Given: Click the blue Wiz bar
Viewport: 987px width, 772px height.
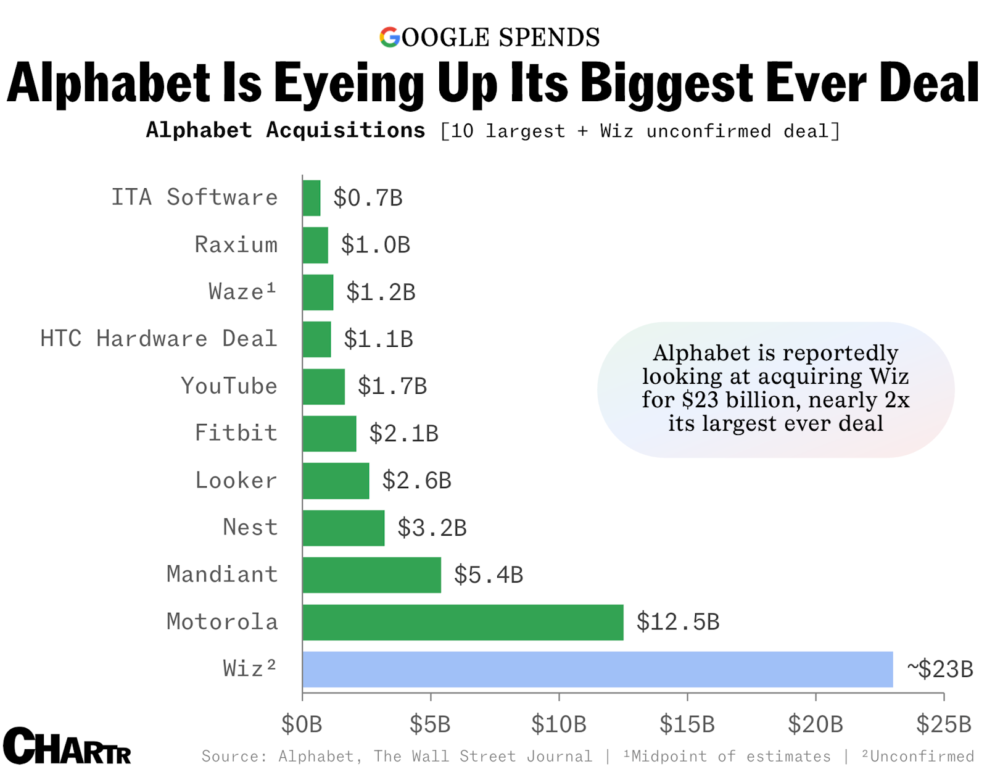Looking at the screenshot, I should click(597, 669).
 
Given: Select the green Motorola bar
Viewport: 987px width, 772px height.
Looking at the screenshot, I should click(463, 622).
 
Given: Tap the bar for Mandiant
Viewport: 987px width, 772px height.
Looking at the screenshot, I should click(371, 575).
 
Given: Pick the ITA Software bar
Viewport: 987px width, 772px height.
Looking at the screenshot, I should click(312, 198).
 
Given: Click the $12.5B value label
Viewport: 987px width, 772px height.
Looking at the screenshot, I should click(677, 622).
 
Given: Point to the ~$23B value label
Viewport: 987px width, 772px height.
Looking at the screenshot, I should click(940, 669).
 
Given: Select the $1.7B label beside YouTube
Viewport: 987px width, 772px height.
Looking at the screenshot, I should click(392, 386).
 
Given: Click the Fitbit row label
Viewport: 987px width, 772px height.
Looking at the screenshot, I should click(236, 433).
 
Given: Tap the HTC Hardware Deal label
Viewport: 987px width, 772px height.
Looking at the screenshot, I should click(159, 339).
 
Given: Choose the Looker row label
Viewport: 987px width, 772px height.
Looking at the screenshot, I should click(236, 480).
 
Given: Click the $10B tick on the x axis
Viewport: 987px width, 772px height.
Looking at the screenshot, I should click(559, 724).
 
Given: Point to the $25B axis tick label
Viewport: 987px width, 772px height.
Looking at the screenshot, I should click(943, 724).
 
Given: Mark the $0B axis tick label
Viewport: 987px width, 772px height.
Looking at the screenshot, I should click(302, 724).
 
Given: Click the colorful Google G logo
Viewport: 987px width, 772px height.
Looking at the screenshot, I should click(390, 37).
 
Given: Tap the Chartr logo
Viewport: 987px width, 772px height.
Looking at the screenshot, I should click(67, 746).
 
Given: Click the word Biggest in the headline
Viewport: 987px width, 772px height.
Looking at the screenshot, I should click(667, 83).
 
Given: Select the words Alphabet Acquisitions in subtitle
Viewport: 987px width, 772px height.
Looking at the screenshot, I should click(285, 130).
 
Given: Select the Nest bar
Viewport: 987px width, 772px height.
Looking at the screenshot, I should click(343, 528).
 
